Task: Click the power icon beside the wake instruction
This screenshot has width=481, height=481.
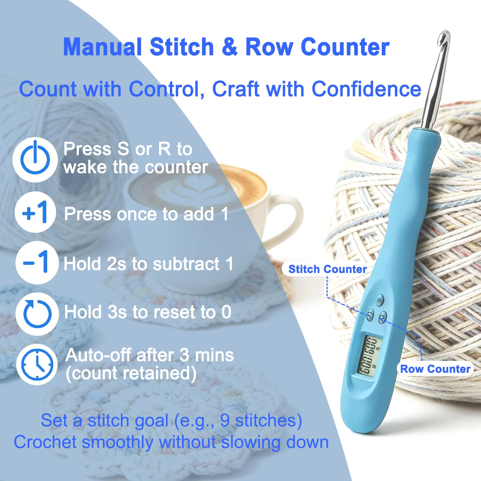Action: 35,160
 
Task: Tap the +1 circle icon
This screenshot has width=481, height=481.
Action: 35,212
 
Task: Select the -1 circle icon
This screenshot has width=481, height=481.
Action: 37,262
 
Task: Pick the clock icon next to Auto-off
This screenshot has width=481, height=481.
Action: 37,364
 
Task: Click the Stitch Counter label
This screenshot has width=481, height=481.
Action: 327,269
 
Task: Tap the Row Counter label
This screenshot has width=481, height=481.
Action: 435,369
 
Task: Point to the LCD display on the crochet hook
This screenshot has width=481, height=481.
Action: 368,356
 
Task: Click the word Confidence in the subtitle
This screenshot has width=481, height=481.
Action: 366,89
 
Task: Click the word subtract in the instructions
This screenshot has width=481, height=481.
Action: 186,264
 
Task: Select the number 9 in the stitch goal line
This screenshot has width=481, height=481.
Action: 225,420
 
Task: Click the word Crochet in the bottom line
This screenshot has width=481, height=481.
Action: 45,442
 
